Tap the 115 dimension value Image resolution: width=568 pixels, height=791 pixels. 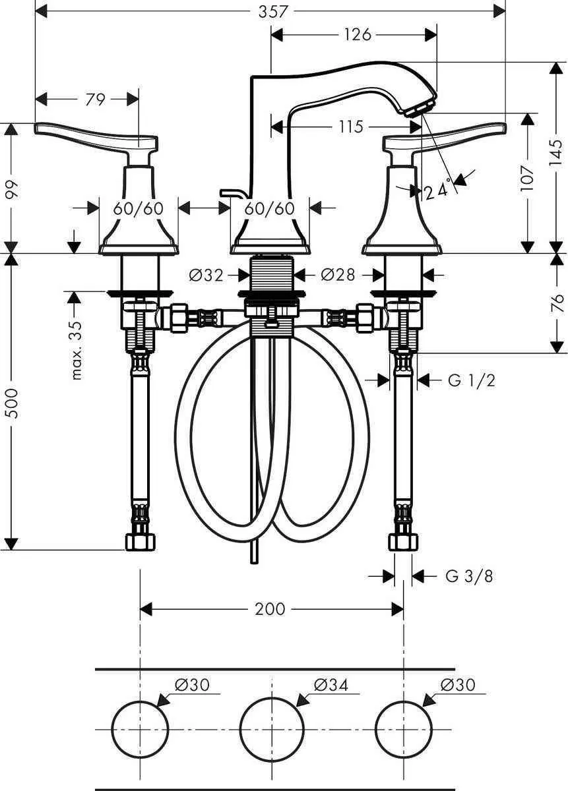(x=351, y=126)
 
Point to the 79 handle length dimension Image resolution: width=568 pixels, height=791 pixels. (x=95, y=100)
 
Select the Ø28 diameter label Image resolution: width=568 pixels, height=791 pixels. (x=338, y=276)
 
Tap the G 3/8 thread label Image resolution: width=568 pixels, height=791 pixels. (x=469, y=576)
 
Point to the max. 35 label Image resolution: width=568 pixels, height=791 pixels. (x=77, y=349)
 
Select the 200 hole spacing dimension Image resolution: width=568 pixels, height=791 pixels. (x=270, y=608)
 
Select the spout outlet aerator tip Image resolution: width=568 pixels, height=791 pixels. (x=422, y=106)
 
